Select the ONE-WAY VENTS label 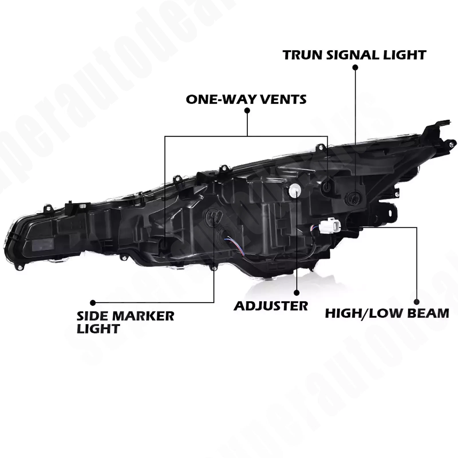point(246,99)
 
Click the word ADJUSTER point(271,306)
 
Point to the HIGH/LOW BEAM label point(387,313)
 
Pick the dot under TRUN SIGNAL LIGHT point(355,68)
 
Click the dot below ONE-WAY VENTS point(247,110)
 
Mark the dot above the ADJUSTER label point(297,293)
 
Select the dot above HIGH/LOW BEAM point(417,302)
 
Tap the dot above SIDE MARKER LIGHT point(93,303)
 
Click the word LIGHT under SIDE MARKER point(98,329)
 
